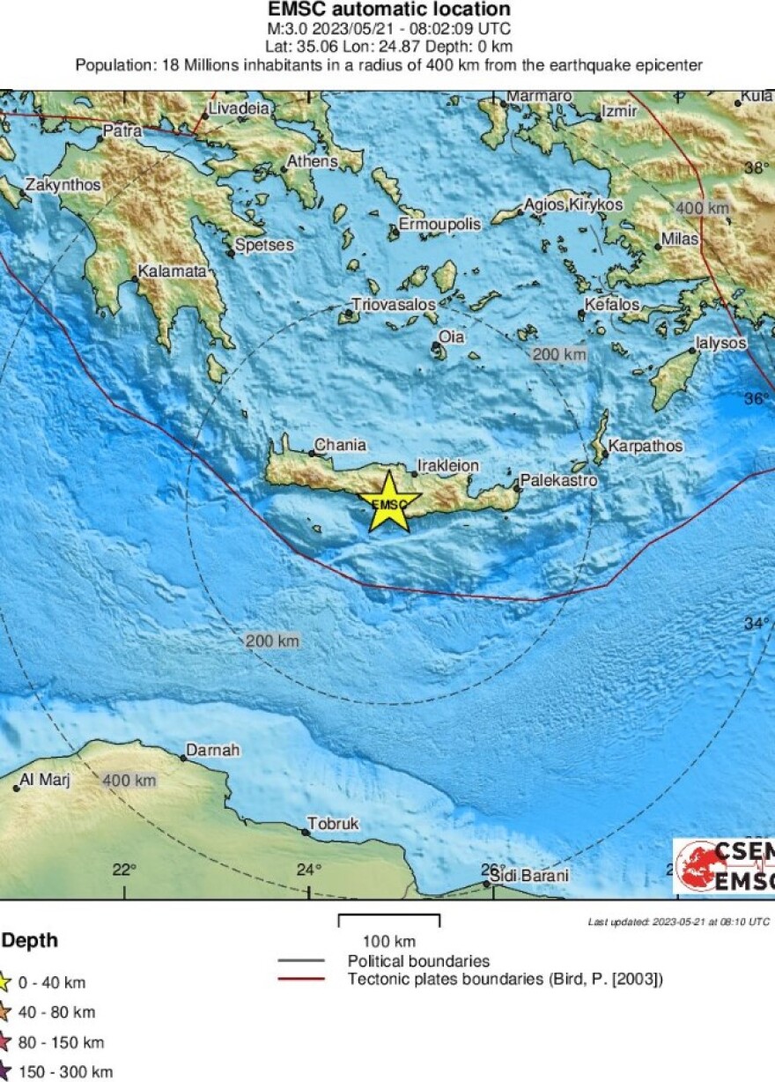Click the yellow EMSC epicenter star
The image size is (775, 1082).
388,503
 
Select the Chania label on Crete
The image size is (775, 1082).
340,446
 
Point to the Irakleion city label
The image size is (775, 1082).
447,465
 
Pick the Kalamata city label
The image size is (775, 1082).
172,272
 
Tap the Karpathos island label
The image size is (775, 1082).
646,446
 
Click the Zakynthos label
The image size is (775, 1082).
63,186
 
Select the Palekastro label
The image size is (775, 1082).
559,480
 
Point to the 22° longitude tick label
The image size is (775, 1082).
124,870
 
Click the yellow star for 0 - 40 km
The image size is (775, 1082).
4,982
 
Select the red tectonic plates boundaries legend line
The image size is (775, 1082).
302,979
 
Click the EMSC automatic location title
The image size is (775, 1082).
388,10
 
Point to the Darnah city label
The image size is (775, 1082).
210,751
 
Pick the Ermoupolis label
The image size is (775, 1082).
440,225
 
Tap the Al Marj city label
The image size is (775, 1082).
45,780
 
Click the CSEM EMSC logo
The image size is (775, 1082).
725,866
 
